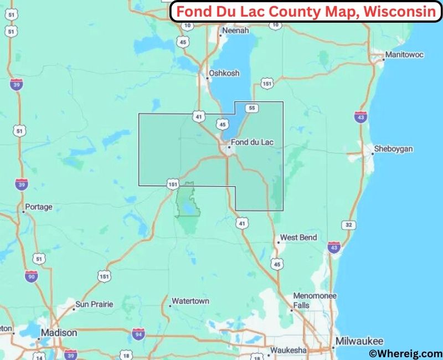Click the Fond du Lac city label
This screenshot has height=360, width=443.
[252, 142]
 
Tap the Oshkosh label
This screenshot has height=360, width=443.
[224, 73]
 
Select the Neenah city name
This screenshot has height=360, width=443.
[235, 32]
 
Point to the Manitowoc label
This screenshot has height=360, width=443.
[404, 55]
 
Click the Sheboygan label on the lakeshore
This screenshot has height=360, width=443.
[394, 149]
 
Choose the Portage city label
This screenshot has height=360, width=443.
[38, 207]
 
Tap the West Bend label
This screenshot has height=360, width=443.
[298, 238]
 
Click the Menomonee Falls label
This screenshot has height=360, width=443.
[315, 300]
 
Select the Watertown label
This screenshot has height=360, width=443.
[190, 301]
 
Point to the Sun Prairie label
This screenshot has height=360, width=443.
[94, 304]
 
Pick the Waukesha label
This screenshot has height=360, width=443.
[287, 351]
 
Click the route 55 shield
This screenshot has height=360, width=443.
[252, 108]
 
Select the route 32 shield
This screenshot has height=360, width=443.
[348, 225]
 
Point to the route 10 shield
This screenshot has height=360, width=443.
[188, 25]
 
